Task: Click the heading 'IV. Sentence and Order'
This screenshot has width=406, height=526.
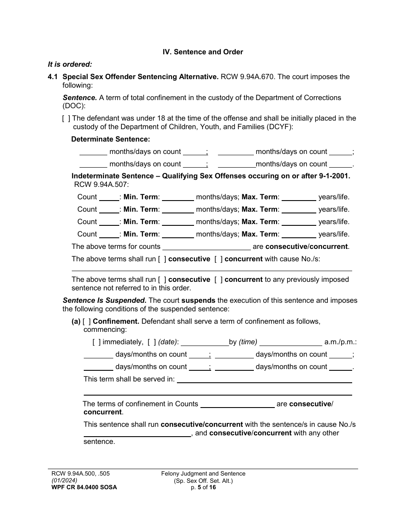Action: coord(203,52)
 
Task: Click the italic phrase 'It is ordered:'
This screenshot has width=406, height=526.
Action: coord(70,64)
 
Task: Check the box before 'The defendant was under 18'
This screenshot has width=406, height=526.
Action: coord(66,118)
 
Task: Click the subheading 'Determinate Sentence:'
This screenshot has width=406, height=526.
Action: coord(111,139)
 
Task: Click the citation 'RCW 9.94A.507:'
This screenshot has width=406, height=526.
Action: coord(101,184)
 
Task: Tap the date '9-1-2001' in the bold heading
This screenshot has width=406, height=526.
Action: coord(335,176)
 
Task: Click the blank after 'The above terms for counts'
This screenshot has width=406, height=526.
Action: coord(206,247)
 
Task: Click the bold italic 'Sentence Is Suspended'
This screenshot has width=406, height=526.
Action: coord(105,300)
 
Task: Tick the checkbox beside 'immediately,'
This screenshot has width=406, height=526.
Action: coord(97,342)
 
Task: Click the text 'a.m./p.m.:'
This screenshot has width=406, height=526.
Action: coord(341,342)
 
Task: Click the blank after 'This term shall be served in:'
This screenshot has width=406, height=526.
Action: coord(264,380)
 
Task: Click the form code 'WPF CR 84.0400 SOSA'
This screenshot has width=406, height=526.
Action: coord(82,488)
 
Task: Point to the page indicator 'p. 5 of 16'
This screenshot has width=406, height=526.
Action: coord(203,488)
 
